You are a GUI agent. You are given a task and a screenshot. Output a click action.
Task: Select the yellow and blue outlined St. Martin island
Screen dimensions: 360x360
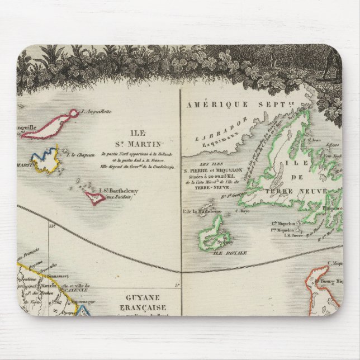pyautogui.click(x=45, y=160)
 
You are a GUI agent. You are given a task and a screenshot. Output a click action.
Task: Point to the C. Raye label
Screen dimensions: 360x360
pyautogui.click(x=241, y=211)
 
